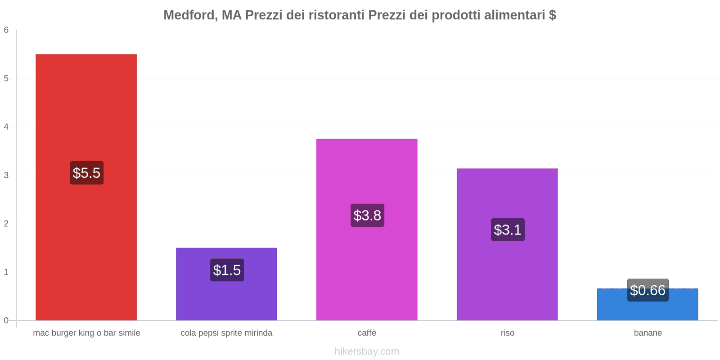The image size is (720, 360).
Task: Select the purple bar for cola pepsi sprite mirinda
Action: point(226,297)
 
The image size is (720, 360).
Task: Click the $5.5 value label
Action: point(86,173)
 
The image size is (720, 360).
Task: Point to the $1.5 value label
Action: point(227,270)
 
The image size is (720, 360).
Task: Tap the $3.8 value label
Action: point(367,215)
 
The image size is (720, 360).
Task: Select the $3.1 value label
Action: point(508,229)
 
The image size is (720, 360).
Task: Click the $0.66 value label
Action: point(648,290)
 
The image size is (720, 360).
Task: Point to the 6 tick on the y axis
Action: point(6,30)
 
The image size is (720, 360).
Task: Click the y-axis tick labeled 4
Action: point(6,127)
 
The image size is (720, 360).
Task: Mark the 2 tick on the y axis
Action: point(6,224)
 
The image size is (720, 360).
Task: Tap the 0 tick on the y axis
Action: point(6,320)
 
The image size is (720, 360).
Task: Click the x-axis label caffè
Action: point(367,333)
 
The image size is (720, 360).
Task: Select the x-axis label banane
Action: point(648,333)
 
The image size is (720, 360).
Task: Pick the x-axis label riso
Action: point(507,333)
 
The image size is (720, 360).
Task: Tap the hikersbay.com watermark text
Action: point(367,351)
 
